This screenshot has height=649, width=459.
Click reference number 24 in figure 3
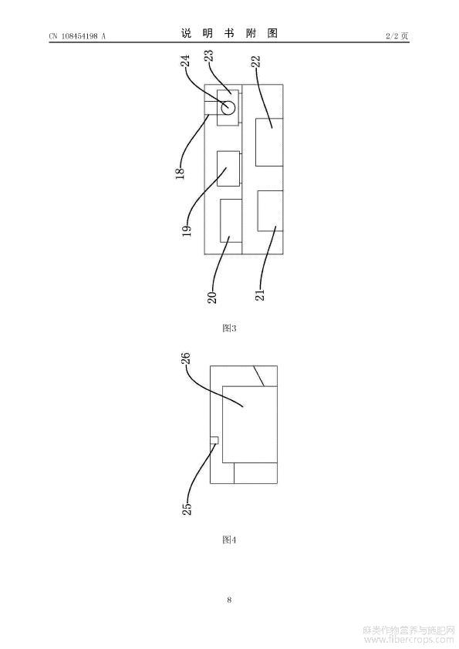click(187, 61)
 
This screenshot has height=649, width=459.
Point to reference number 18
click(181, 173)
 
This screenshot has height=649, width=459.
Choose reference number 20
click(212, 298)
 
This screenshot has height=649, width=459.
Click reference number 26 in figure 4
click(186, 358)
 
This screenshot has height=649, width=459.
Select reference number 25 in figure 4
click(187, 508)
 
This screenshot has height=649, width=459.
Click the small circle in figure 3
click(228, 108)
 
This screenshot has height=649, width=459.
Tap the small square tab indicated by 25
click(214, 440)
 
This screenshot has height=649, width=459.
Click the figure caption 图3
click(229, 328)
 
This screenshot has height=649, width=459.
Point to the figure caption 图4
click(229, 540)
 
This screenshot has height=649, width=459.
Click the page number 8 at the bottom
click(229, 600)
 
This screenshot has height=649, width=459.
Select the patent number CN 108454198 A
click(77, 36)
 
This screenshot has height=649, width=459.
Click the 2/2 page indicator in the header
click(397, 36)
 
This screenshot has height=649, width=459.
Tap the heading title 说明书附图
click(229, 33)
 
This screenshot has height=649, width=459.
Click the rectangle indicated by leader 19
click(228, 169)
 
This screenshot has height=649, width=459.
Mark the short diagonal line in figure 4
click(259, 376)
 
